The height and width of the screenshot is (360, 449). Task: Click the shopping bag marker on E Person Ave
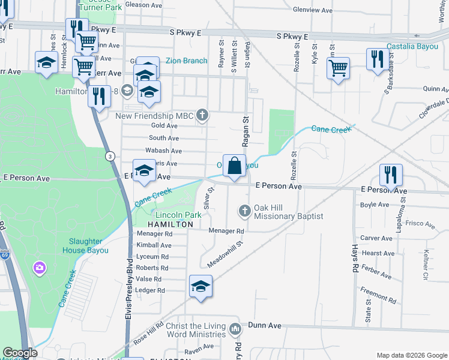pos(234,166)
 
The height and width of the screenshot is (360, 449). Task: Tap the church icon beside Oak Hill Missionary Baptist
pos(244,211)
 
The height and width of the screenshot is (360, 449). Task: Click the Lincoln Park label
pos(178,215)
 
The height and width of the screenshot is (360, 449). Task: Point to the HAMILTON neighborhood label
pos(170,224)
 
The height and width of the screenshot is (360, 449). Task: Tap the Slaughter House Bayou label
pos(85,246)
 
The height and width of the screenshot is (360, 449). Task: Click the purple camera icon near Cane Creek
pos(40,266)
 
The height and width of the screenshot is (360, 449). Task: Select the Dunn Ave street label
pos(265,325)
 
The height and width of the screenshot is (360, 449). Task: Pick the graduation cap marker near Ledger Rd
pos(200,286)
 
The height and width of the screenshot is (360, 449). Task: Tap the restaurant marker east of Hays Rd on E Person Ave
pos(390,175)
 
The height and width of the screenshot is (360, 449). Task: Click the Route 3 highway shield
pos(110,156)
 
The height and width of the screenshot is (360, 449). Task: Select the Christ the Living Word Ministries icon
pos(235,329)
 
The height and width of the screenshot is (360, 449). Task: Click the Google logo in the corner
pos(20,353)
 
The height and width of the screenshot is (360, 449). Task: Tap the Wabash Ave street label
pos(164,151)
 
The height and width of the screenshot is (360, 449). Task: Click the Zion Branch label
pos(187,61)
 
